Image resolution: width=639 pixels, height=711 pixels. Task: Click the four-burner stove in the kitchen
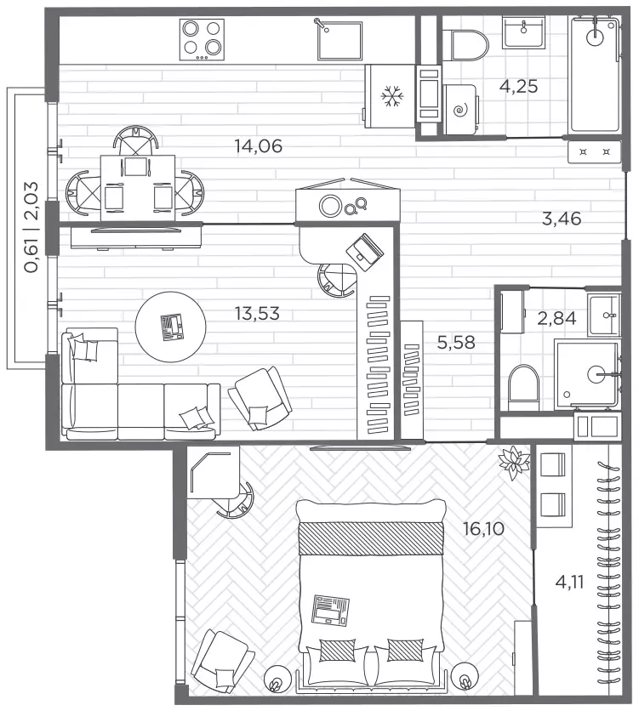coord(202,39)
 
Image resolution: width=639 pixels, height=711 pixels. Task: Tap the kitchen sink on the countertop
coord(339,39)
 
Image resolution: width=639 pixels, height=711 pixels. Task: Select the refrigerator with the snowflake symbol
coord(390,96)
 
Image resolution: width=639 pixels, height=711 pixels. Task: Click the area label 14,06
coord(258,146)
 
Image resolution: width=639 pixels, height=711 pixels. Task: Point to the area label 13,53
coord(257,313)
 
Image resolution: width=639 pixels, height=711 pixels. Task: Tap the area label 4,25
coord(518,86)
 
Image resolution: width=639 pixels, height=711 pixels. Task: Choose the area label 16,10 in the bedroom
coord(483,529)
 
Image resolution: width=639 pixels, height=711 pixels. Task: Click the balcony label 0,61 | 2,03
coord(31,227)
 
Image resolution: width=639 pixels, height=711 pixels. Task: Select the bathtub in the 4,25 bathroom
coord(594,74)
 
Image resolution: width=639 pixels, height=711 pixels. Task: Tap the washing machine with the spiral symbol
coord(460,109)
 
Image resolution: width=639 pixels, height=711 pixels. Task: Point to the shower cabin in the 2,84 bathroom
coord(587,373)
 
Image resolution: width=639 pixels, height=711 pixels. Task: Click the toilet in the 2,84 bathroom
coord(524,387)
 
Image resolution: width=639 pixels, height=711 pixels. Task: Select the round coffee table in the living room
coord(171,327)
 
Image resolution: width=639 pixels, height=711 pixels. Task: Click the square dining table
coord(138,188)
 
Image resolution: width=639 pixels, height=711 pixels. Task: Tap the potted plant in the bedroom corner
coord(513,462)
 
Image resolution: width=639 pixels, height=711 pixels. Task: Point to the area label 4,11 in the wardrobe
coord(569,582)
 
